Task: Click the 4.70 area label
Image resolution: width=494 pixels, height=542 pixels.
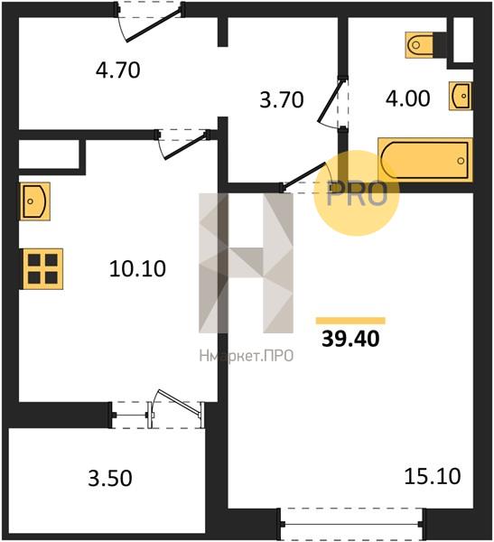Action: tap(118, 70)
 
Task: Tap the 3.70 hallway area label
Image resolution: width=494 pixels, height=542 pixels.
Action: tap(282, 99)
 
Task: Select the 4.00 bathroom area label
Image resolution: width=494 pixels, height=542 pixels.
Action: tap(408, 98)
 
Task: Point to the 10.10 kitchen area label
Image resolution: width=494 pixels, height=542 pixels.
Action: tap(137, 269)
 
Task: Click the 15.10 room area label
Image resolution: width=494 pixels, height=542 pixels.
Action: tap(432, 476)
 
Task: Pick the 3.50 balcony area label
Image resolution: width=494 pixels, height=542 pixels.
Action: tap(110, 479)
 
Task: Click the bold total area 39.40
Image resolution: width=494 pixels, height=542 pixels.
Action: tap(350, 339)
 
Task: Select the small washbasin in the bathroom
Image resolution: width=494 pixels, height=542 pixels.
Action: tap(461, 96)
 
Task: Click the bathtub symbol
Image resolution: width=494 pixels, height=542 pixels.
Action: tap(425, 160)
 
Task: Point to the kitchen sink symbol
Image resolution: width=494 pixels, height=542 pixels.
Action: tap(34, 201)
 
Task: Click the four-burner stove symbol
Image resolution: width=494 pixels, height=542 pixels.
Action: tap(42, 268)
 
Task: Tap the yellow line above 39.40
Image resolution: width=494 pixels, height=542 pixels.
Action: tap(350, 321)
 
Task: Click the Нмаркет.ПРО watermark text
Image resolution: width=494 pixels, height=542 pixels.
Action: tap(247, 355)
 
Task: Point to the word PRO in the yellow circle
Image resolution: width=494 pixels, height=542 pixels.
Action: tap(357, 194)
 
